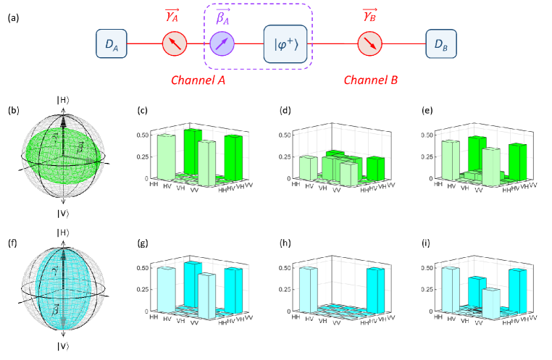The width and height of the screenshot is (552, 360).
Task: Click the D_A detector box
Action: pos(111,45)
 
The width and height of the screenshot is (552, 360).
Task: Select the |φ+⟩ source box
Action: pos(285,45)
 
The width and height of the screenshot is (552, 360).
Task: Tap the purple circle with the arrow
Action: pos(222,45)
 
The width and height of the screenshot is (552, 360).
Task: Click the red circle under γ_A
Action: pos(174,45)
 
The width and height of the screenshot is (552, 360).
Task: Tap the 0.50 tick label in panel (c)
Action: pos(143,135)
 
